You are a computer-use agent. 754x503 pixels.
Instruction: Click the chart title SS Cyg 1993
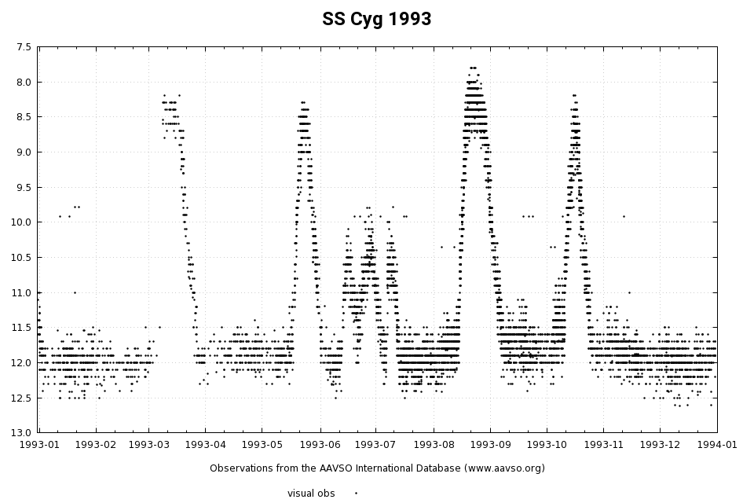[x=376, y=20]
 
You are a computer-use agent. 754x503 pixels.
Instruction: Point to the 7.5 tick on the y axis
[x=24, y=47]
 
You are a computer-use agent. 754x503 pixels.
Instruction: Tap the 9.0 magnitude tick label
[x=24, y=152]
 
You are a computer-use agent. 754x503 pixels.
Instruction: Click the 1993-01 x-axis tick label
[x=38, y=445]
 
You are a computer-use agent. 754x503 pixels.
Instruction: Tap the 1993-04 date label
[x=205, y=445]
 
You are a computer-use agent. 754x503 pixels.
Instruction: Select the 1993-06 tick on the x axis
[x=320, y=445]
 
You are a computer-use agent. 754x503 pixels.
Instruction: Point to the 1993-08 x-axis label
[x=434, y=445]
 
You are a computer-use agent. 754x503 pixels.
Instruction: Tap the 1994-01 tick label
[x=717, y=445]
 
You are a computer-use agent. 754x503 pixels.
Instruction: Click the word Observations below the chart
[x=240, y=468]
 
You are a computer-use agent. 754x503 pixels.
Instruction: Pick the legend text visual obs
[x=311, y=494]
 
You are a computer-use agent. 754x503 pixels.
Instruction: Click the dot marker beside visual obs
[x=356, y=494]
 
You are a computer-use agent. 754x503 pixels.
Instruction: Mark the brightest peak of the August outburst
[x=473, y=68]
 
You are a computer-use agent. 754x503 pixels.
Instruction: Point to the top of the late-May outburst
[x=302, y=103]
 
